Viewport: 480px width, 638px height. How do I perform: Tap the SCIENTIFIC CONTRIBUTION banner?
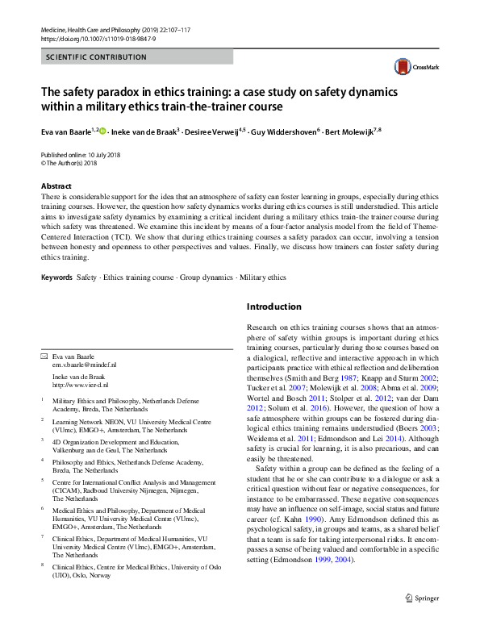click(x=96, y=57)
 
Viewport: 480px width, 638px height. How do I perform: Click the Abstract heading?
click(x=56, y=186)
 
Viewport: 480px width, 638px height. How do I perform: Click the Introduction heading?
click(x=273, y=306)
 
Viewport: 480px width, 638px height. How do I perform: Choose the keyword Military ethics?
click(x=262, y=277)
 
